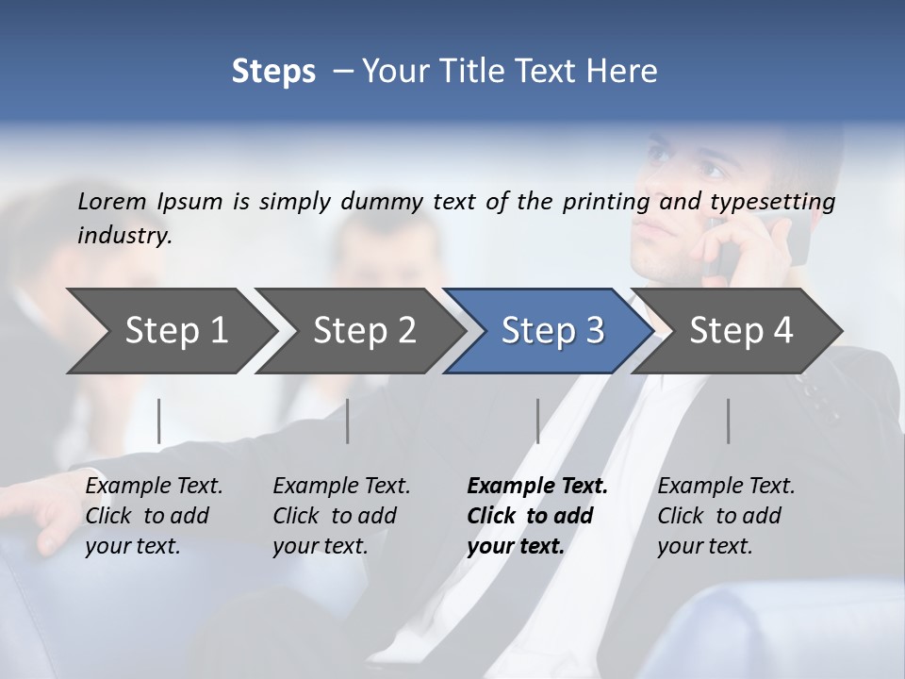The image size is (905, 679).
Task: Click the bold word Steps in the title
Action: [x=273, y=71]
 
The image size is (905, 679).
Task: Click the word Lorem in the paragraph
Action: [x=112, y=201]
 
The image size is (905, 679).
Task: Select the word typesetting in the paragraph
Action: [x=772, y=202]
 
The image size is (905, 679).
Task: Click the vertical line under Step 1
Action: [x=158, y=421]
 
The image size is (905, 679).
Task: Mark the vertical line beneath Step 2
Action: [x=348, y=421]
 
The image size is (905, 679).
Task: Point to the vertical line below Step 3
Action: [x=537, y=421]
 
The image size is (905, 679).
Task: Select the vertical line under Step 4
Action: [x=728, y=421]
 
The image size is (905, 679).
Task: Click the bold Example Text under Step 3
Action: [x=537, y=487]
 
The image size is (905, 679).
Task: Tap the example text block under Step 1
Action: [x=154, y=516]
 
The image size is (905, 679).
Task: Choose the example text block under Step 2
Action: [x=341, y=516]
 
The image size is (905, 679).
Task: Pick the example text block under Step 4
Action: [x=726, y=516]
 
